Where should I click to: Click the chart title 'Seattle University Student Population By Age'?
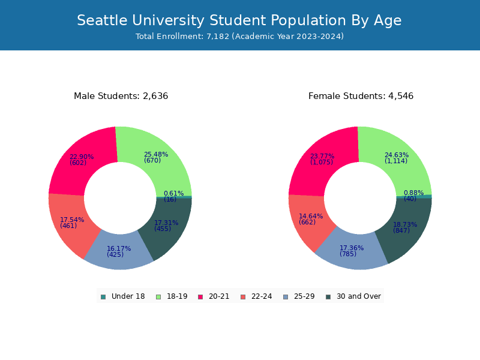coord(239,20)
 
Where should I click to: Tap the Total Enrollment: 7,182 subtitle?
coord(239,37)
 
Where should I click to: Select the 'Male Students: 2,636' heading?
coord(121,96)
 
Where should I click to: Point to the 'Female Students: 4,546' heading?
coord(361,96)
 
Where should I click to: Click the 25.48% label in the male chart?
coord(156,157)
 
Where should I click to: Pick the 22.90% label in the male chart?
coord(82,160)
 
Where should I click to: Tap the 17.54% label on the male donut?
coord(72,223)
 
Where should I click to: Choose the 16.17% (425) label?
coord(119,251)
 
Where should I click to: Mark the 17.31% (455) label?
coord(166,226)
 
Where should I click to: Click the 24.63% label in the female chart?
coord(397,158)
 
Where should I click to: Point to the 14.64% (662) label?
coord(311,219)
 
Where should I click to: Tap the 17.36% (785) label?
coord(352,251)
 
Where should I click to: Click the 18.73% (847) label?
coord(405,227)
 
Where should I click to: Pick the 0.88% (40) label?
coord(413,196)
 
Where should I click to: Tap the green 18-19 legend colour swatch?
coord(158,296)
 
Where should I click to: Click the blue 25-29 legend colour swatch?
coord(286,296)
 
